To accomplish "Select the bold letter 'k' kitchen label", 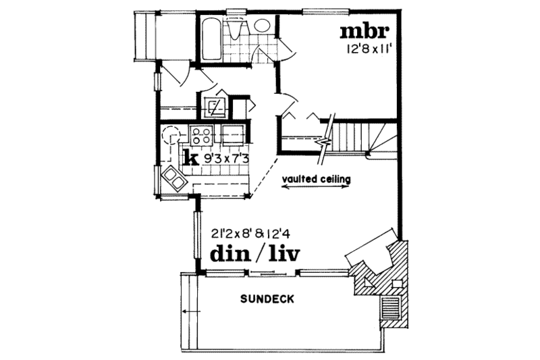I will (x=191, y=159).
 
